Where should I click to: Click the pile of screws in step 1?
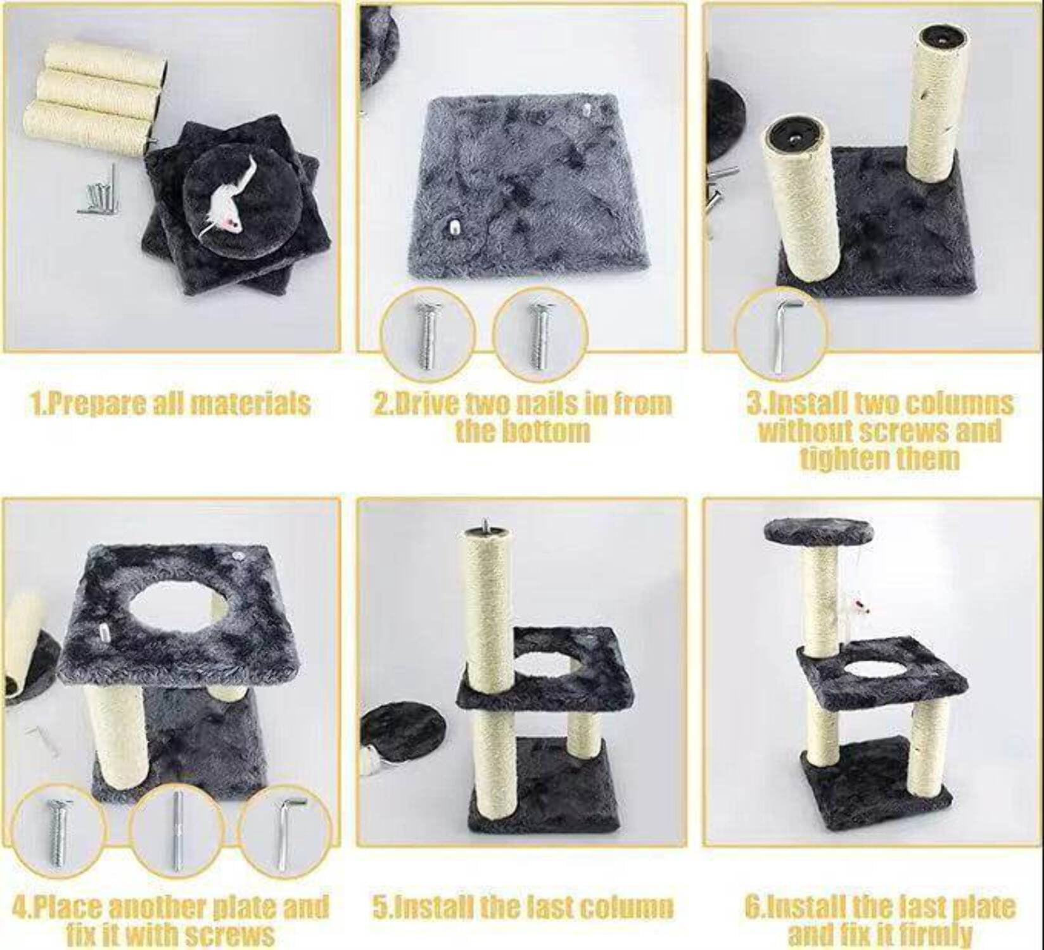point(99,193)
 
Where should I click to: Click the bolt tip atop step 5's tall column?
point(487,525)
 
